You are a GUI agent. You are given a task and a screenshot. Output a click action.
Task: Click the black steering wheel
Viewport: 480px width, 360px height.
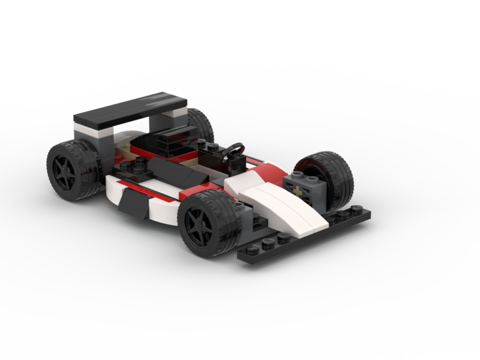click(x=234, y=151)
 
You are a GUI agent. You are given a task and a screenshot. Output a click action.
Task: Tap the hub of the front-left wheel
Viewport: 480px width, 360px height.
click(x=197, y=227)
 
